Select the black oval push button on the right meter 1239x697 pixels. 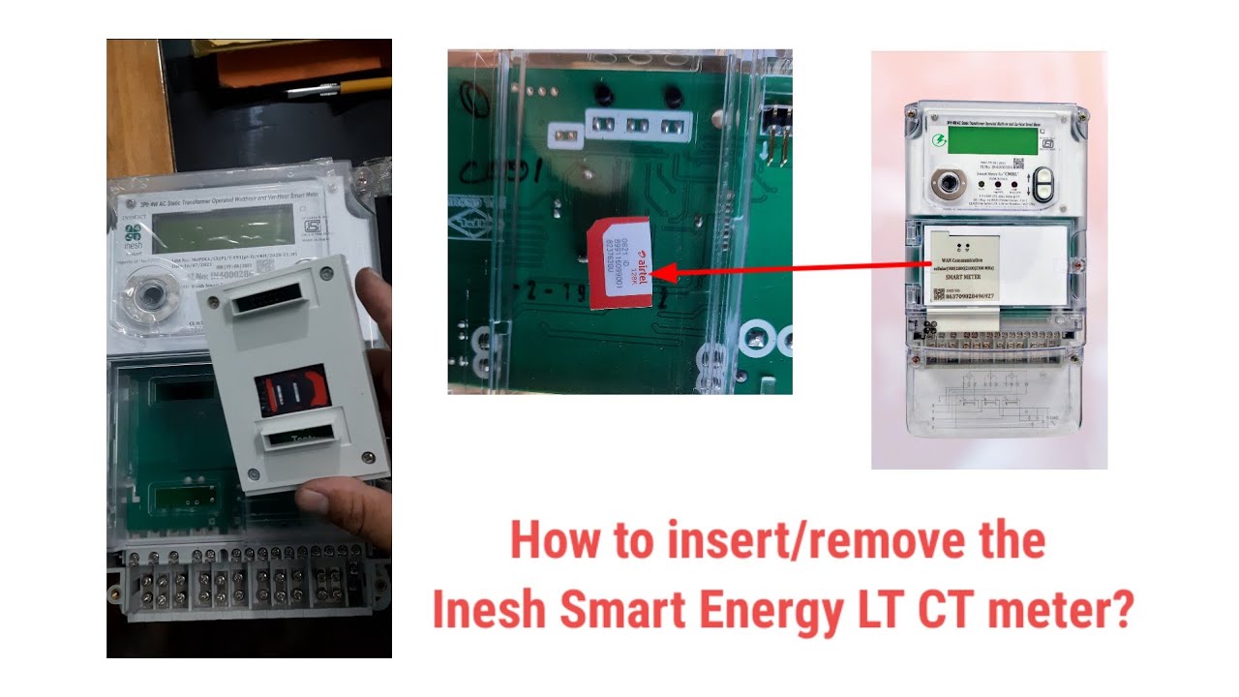click(1042, 184)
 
